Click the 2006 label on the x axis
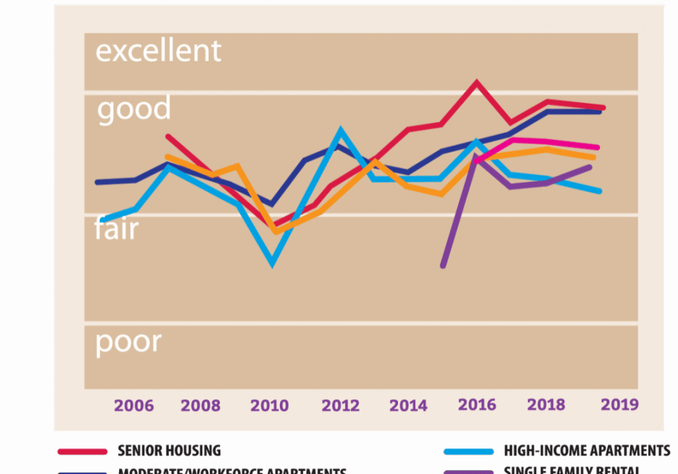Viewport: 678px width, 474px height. point(134,405)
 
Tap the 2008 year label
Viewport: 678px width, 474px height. point(201,405)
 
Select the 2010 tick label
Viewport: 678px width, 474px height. point(269,405)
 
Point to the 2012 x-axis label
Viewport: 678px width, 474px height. point(340,405)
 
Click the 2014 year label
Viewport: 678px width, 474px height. point(408,405)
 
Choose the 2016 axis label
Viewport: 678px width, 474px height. point(476,404)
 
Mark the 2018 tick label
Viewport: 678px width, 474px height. point(546,404)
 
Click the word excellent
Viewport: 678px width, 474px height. point(158,51)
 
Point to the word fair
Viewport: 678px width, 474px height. point(117,229)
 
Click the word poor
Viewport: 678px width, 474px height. point(128,342)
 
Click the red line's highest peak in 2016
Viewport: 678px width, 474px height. point(476,82)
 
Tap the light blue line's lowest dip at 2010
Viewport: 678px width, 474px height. point(272,264)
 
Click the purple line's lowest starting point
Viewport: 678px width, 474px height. point(442,266)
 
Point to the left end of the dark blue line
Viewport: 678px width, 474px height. point(97,182)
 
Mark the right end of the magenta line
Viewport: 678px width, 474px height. point(598,148)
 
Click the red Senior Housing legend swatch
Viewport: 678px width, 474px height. point(83,451)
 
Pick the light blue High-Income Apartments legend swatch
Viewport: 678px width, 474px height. point(469,451)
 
